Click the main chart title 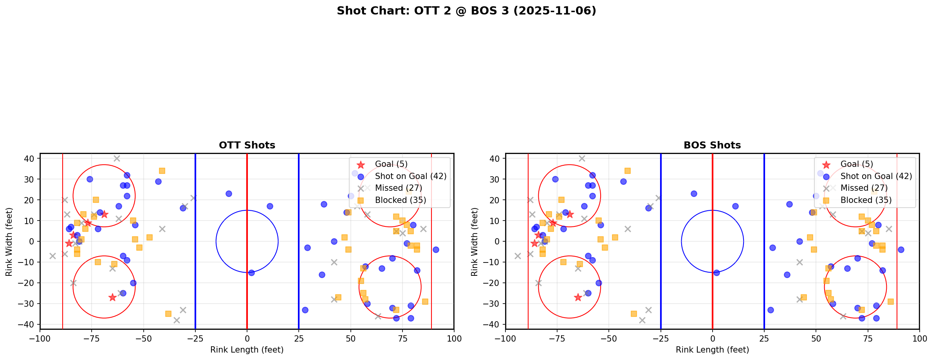click(466, 11)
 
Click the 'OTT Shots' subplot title click(247, 145)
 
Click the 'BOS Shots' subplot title click(712, 145)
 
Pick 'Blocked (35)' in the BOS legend click(866, 200)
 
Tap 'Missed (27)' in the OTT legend click(398, 188)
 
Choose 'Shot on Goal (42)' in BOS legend click(876, 176)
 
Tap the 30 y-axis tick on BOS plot click(495, 179)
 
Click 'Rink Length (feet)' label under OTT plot click(247, 350)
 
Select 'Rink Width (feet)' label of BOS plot click(475, 242)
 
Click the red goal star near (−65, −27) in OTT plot click(112, 297)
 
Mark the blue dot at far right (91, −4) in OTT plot click(435, 250)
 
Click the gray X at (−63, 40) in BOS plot click(582, 158)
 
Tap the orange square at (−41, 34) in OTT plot click(162, 171)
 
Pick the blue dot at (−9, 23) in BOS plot click(694, 194)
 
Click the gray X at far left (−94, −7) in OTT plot click(52, 256)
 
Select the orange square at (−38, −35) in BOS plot click(634, 314)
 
